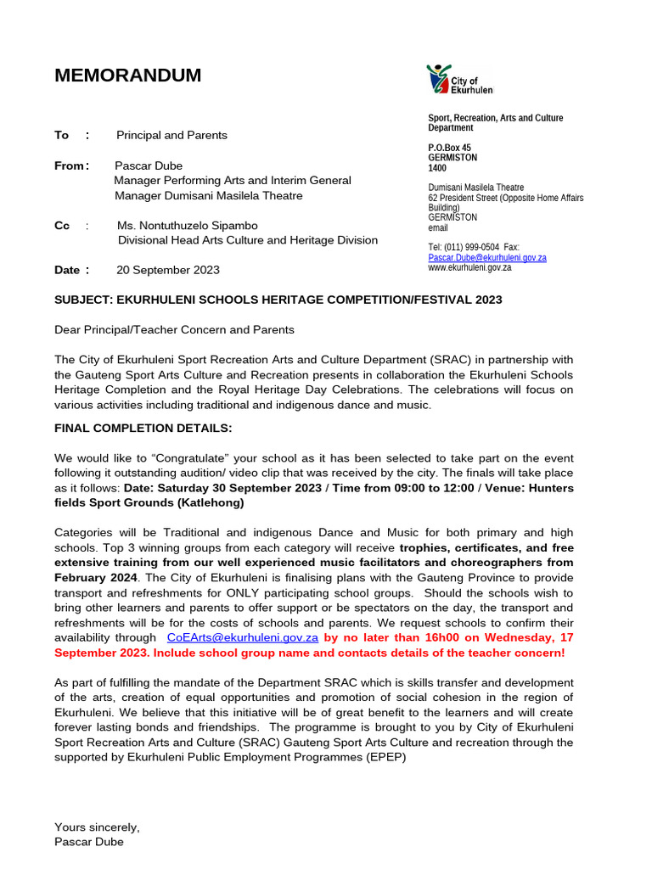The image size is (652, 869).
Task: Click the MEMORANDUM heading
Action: (x=127, y=76)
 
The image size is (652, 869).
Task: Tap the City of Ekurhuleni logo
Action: (x=458, y=80)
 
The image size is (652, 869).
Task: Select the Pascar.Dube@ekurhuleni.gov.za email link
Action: (x=486, y=257)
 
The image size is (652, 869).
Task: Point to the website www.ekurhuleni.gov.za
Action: (x=469, y=267)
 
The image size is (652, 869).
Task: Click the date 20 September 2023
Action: (x=167, y=270)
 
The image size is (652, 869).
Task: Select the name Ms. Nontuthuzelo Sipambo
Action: (x=187, y=226)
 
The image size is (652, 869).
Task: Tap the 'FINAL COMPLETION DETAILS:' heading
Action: (x=143, y=429)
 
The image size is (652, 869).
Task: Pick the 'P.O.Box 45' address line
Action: (x=449, y=148)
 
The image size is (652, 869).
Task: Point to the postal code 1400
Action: (x=437, y=168)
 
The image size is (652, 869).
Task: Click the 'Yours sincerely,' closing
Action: (x=97, y=827)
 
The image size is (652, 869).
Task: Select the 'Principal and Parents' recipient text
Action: (x=171, y=135)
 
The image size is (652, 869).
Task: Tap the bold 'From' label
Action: (x=69, y=165)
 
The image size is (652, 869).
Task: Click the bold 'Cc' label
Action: (x=62, y=226)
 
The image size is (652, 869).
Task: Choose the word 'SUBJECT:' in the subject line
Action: (x=83, y=300)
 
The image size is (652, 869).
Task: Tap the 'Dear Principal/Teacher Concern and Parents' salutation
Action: (x=174, y=329)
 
